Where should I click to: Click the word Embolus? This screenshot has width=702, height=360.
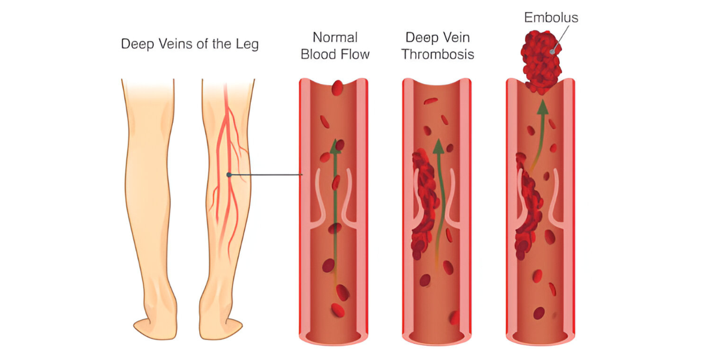point(551,17)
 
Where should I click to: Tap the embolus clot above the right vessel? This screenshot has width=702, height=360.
point(541,61)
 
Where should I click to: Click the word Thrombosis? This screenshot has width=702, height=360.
point(437,55)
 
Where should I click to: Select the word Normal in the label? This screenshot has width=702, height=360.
point(335,37)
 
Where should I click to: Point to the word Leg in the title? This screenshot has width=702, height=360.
point(247,44)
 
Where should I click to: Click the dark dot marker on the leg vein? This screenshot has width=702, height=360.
point(229,175)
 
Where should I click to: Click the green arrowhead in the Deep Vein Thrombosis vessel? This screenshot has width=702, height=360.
point(439,146)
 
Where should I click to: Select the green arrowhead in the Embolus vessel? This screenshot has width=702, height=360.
point(542,107)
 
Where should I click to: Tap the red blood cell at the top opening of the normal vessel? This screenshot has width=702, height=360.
point(337,88)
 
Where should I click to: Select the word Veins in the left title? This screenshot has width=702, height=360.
point(170,44)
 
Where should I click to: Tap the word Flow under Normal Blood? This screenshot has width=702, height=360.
point(355,55)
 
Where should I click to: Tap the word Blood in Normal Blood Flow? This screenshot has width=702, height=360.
point(319,55)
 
